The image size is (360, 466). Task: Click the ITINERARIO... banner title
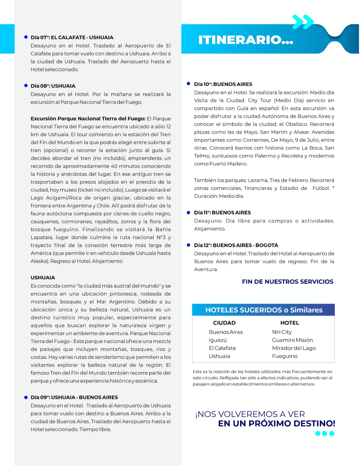tap(245, 40)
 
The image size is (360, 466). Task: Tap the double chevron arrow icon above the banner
tap(303, 22)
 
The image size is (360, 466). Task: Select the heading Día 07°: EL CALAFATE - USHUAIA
tap(72, 38)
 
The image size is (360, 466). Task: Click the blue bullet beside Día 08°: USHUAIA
tap(26, 86)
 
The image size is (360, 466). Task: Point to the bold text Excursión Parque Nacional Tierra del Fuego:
tap(88, 119)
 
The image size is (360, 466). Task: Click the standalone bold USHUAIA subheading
tap(43, 278)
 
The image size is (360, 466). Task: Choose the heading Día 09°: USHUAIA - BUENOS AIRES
tap(74, 397)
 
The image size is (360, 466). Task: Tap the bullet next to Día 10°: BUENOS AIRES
tap(188, 84)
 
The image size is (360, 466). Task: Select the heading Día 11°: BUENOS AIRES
tap(222, 213)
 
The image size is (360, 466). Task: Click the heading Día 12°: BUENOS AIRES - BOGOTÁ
tap(236, 245)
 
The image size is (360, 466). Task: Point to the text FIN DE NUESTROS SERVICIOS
tap(288, 282)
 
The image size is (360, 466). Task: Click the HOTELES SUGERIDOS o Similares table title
tap(264, 310)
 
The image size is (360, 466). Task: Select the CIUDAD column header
tap(224, 323)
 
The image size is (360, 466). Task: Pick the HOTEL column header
tap(290, 323)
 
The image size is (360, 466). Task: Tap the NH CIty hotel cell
tap(282, 332)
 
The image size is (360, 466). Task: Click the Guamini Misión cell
tap(292, 340)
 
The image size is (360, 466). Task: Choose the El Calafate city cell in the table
tap(222, 348)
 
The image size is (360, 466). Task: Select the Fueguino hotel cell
tap(285, 356)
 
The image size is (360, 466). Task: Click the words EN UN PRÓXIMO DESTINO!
tap(276, 423)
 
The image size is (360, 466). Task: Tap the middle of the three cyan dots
tap(324, 433)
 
